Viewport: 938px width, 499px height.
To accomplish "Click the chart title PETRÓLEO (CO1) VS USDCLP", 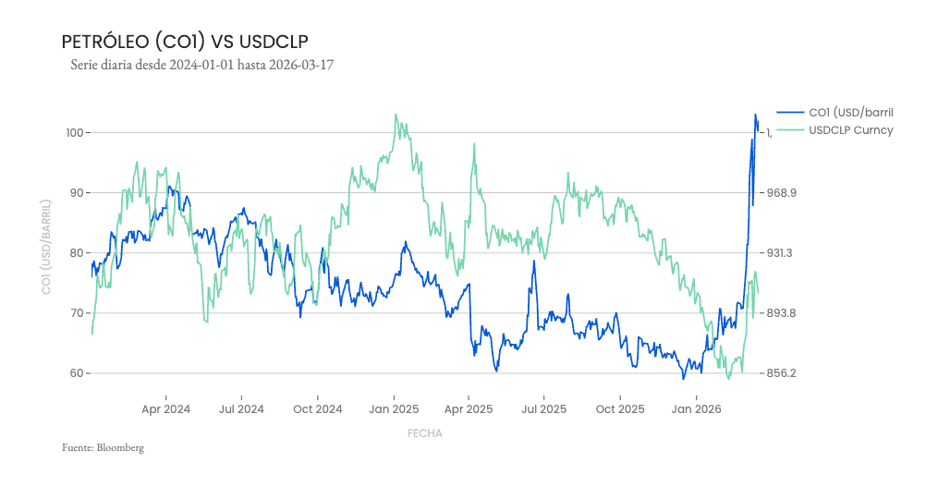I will point(184,42).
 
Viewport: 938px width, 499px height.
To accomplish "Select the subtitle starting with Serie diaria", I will point(201,66).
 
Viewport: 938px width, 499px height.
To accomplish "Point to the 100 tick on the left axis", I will point(74,133).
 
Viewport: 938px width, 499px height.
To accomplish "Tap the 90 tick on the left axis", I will point(77,193).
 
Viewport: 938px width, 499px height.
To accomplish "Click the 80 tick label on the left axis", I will point(77,253).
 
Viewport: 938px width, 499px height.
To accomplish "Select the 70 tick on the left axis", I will point(77,313).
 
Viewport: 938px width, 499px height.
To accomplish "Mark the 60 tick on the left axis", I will point(77,373).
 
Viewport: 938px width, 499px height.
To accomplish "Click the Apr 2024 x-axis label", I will point(166,408).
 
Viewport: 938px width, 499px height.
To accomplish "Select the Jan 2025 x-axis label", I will point(394,408).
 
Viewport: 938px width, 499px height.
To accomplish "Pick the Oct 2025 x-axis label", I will point(620,408).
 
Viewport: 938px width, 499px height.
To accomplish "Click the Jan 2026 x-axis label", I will point(696,408).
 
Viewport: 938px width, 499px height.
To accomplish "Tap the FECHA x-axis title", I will point(424,432).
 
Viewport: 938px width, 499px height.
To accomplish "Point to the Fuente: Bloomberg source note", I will point(103,447).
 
